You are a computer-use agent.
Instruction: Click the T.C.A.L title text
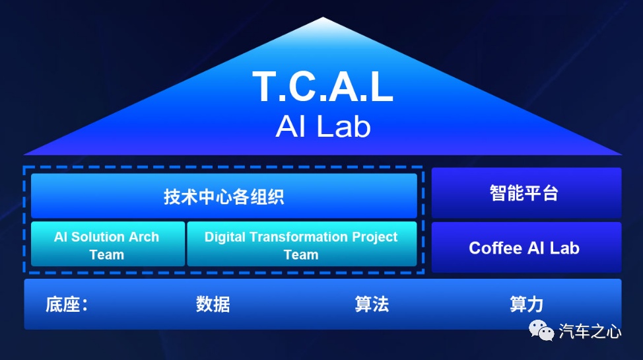tap(323, 87)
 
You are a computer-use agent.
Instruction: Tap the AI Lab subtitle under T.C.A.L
tap(323, 126)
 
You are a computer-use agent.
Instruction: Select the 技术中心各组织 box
tap(224, 196)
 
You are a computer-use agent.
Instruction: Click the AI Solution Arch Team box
tap(108, 244)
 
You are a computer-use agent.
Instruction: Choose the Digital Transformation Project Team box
tap(302, 244)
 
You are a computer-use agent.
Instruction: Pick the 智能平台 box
tap(527, 192)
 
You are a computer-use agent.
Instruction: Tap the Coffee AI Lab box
tap(527, 248)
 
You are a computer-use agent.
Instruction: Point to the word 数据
tap(213, 305)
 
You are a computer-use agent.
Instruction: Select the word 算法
tap(372, 305)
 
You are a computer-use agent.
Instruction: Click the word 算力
tap(527, 305)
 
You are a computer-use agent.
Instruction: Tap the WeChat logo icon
tap(541, 330)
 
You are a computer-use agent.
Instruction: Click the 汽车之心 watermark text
tap(590, 331)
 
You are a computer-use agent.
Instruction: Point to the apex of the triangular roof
tap(323, 17)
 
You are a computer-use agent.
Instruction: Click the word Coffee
tap(495, 248)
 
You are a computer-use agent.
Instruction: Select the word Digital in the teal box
tap(224, 237)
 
